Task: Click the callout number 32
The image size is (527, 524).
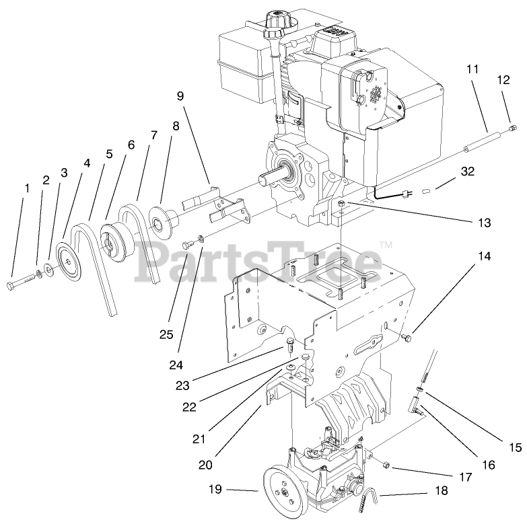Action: pyautogui.click(x=467, y=172)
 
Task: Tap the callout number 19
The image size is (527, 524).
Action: pyautogui.click(x=215, y=489)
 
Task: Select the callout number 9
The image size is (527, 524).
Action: pyautogui.click(x=180, y=96)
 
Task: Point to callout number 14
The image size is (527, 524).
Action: pyautogui.click(x=485, y=256)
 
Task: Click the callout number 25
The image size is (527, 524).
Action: pyautogui.click(x=166, y=334)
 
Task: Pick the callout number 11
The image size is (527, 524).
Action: pyautogui.click(x=472, y=69)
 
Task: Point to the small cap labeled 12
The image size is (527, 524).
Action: pyautogui.click(x=512, y=128)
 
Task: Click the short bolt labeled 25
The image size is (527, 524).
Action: pyautogui.click(x=187, y=245)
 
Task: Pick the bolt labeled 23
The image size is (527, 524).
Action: pyautogui.click(x=289, y=344)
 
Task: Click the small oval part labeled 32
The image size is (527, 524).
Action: pyautogui.click(x=426, y=191)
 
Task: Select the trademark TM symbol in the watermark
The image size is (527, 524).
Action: pyautogui.click(x=386, y=245)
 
